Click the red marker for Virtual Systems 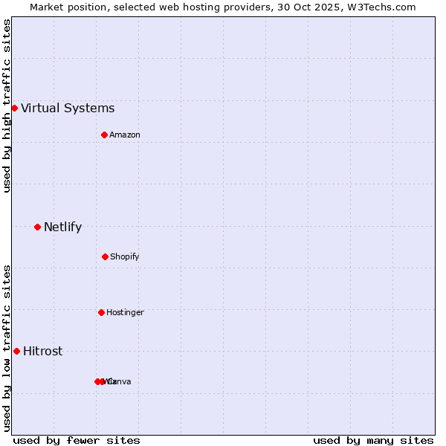tap(14, 108)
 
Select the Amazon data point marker tap(105, 135)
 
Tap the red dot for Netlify tap(37, 227)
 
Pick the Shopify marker tap(105, 256)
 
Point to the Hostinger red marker tap(101, 312)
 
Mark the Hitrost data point tap(16, 351)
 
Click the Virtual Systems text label tap(68, 109)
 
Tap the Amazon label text tap(125, 135)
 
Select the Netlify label tap(62, 227)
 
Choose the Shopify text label tap(125, 257)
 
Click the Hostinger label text tap(125, 313)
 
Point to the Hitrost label tap(42, 352)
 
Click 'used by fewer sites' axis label tap(77, 440)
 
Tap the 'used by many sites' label tap(373, 440)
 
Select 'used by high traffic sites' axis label tap(7, 106)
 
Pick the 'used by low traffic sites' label tap(7, 348)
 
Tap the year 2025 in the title tap(328, 7)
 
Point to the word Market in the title tap(48, 7)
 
